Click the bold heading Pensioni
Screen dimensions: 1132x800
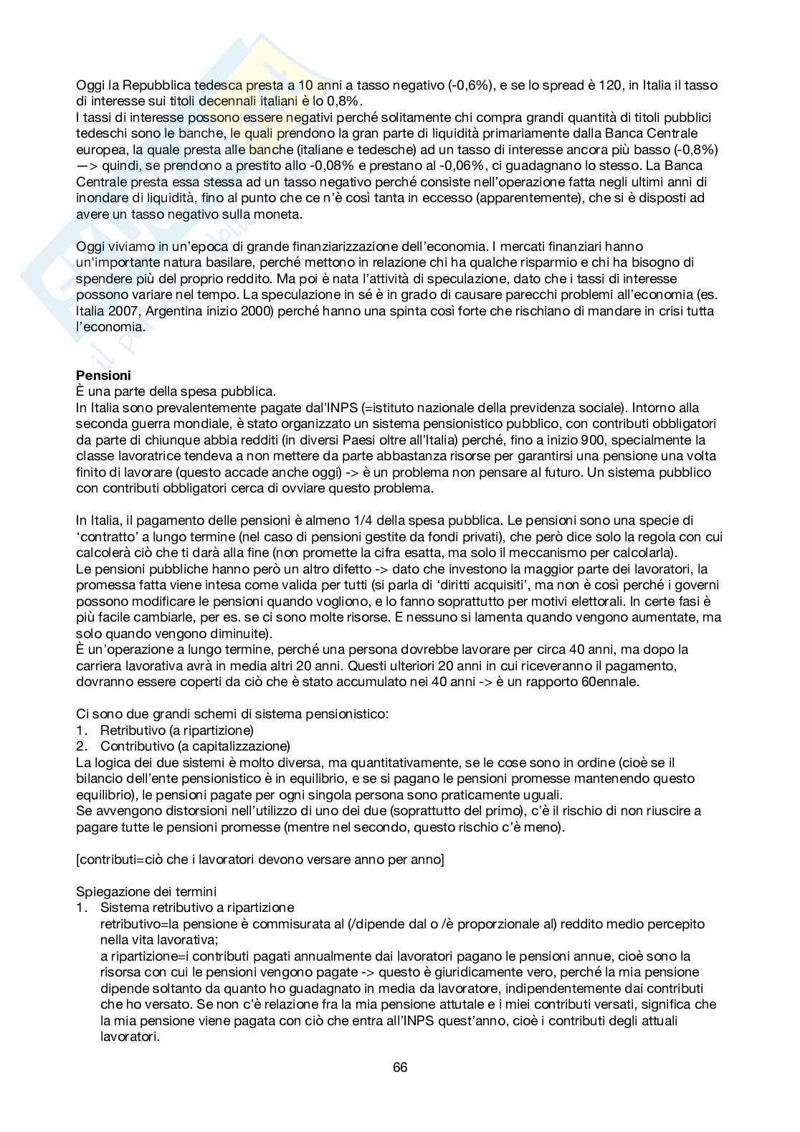point(103,375)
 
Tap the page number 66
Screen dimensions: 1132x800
point(400,1067)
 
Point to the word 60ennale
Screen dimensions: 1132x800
point(611,681)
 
